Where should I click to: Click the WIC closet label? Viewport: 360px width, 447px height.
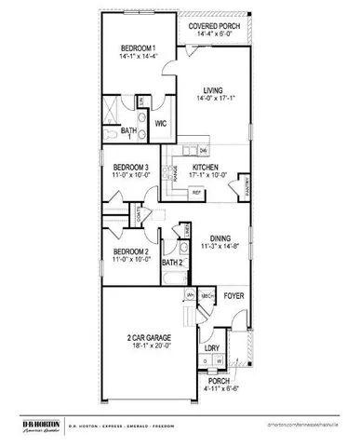pos(160,122)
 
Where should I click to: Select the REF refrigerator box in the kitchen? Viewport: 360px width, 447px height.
pos(196,192)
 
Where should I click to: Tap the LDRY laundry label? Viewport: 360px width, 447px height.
pos(214,350)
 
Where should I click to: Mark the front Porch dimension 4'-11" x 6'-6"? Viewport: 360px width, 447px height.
pos(218,388)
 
